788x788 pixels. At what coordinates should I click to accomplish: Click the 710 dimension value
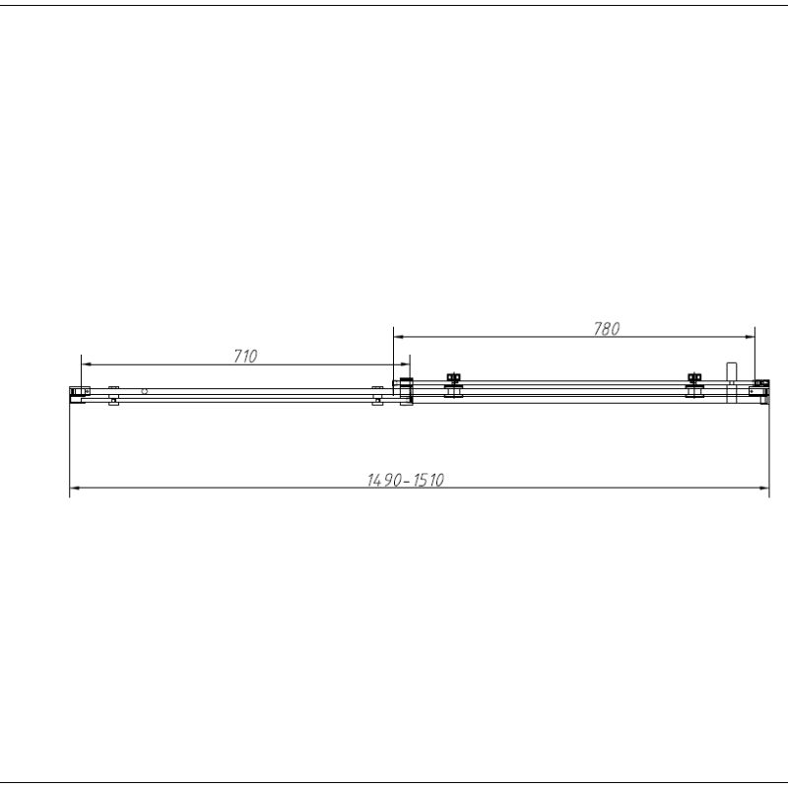(x=245, y=357)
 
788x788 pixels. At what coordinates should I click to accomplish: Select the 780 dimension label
(x=607, y=330)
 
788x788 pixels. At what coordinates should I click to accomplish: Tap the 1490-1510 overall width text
(x=406, y=481)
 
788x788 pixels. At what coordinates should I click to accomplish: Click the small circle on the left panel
(x=145, y=391)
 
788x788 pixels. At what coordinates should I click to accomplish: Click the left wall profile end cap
(x=77, y=393)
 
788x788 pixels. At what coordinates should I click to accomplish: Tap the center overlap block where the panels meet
(x=404, y=390)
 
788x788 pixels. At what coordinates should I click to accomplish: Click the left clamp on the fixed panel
(x=114, y=394)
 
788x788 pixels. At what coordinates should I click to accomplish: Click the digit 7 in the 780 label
(x=598, y=330)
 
